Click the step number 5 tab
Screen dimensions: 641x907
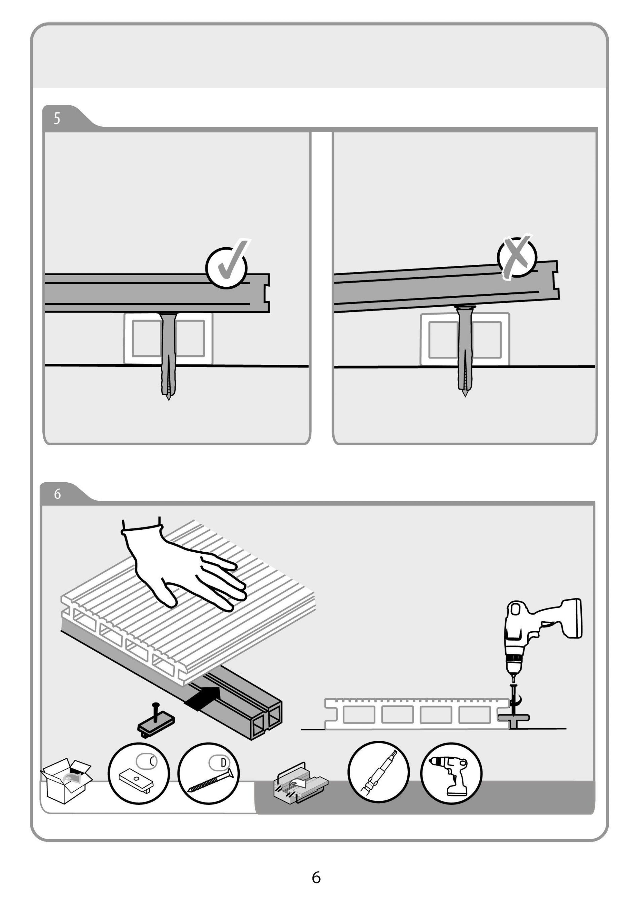[x=57, y=118]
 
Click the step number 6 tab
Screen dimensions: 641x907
[x=58, y=493]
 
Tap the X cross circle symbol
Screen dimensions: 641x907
[x=517, y=257]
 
